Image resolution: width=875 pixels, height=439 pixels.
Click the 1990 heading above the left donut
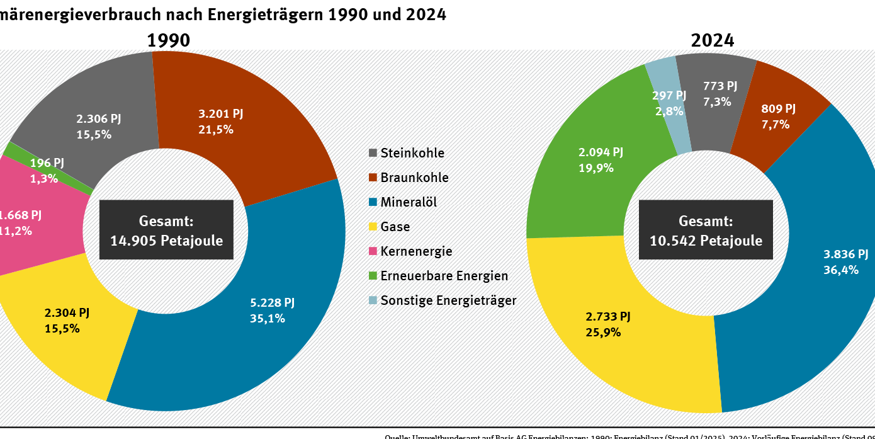[168, 40]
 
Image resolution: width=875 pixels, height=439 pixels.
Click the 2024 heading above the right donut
[712, 40]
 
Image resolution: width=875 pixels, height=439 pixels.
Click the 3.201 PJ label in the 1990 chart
[220, 114]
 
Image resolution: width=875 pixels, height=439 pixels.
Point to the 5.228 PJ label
[272, 303]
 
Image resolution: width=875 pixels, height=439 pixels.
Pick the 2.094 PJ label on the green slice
[601, 152]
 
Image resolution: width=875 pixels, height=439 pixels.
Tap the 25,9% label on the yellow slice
[603, 332]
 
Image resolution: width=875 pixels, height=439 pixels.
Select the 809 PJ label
[778, 109]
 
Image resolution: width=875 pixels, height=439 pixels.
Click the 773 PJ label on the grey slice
[719, 86]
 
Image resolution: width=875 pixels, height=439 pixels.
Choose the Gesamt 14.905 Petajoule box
[166, 230]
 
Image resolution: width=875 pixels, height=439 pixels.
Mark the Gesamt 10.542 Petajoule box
[706, 230]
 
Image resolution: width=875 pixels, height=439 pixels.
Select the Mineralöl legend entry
[409, 202]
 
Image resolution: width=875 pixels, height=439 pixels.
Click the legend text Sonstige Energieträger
[448, 300]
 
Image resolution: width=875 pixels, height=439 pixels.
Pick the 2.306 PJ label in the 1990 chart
[99, 118]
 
